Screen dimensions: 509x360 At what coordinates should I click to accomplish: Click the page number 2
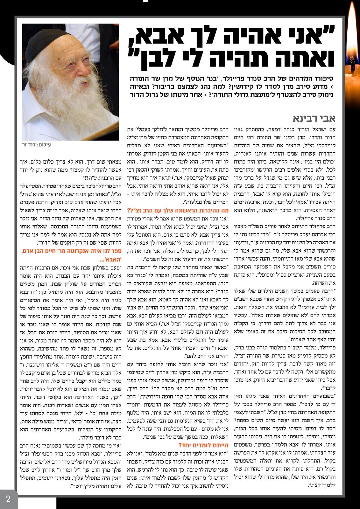8,499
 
